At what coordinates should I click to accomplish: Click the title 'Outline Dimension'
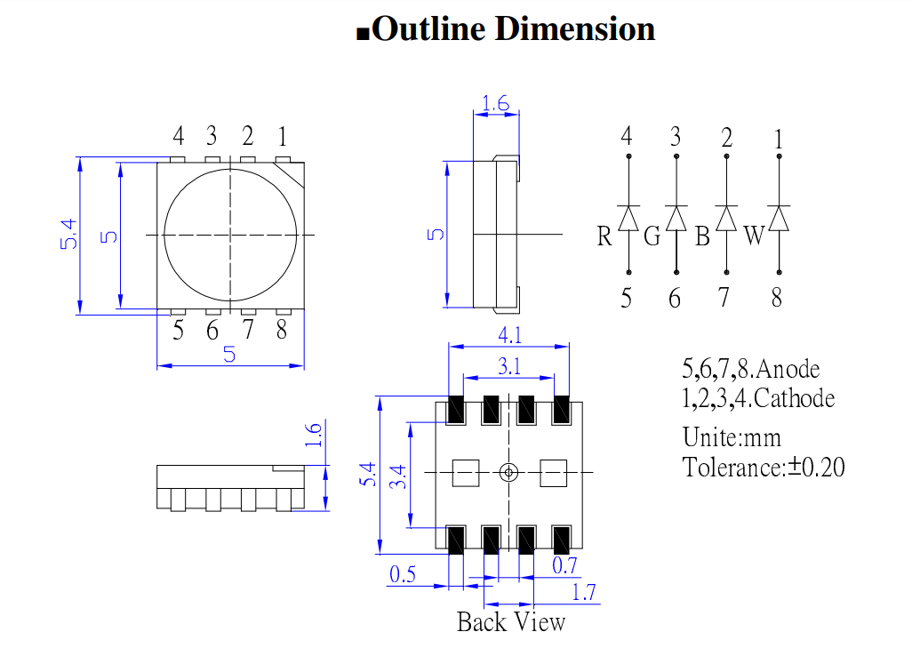[x=514, y=29]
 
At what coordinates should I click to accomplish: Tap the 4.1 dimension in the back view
[x=509, y=337]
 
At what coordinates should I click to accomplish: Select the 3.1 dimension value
[x=509, y=364]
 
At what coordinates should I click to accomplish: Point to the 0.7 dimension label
[x=564, y=565]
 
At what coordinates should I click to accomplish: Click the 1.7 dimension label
[x=584, y=592]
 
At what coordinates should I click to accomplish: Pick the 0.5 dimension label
[x=403, y=574]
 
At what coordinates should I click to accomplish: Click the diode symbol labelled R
[x=629, y=218]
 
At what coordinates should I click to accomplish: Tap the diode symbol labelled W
[x=780, y=218]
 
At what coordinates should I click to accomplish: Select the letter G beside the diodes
[x=652, y=236]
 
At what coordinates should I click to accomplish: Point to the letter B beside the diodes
[x=702, y=236]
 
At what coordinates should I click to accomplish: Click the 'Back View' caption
[x=510, y=621]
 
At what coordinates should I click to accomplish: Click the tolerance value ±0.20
[x=816, y=466]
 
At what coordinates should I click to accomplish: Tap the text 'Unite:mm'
[x=732, y=437]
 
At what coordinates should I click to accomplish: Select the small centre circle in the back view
[x=508, y=472]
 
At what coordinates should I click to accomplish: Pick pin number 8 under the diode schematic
[x=777, y=298]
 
